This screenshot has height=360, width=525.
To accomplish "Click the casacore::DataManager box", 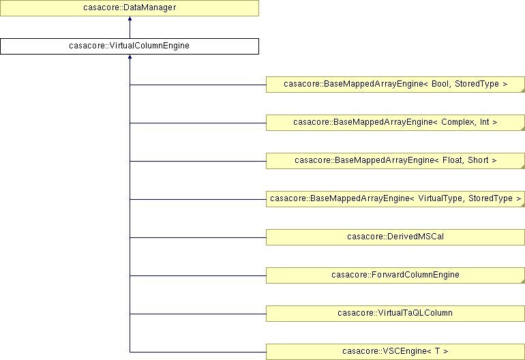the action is click(x=130, y=7).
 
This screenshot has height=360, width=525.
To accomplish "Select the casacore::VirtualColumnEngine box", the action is click(x=130, y=46).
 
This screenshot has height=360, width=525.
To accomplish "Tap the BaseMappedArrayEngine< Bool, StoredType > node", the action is click(x=395, y=85).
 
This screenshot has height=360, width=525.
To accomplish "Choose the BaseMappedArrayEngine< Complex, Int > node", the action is click(x=395, y=123).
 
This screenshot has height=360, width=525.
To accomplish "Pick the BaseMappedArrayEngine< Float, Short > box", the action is click(x=395, y=161).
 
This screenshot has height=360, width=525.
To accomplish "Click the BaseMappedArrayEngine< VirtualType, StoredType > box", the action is click(x=395, y=199).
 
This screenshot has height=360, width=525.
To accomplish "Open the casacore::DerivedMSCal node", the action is click(x=395, y=237).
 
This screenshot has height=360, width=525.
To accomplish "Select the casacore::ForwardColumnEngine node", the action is click(x=395, y=275).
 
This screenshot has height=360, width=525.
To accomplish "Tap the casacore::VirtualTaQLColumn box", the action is click(x=395, y=314).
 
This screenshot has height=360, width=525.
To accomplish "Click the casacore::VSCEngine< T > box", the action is click(x=395, y=352).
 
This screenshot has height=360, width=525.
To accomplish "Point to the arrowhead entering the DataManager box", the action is click(x=130, y=18).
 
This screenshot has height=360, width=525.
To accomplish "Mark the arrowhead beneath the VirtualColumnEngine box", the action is click(x=130, y=57).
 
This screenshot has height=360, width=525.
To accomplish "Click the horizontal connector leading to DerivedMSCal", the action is click(x=198, y=237).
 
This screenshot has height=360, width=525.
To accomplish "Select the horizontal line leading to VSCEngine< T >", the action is click(x=198, y=352).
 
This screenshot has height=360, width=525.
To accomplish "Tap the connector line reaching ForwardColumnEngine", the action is click(x=198, y=275).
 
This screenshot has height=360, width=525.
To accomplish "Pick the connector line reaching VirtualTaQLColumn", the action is click(x=198, y=314).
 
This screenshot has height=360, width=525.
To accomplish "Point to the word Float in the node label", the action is click(x=452, y=160).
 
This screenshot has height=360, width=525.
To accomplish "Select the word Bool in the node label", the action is click(x=440, y=84).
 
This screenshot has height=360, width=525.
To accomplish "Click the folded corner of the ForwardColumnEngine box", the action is click(x=522, y=281).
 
